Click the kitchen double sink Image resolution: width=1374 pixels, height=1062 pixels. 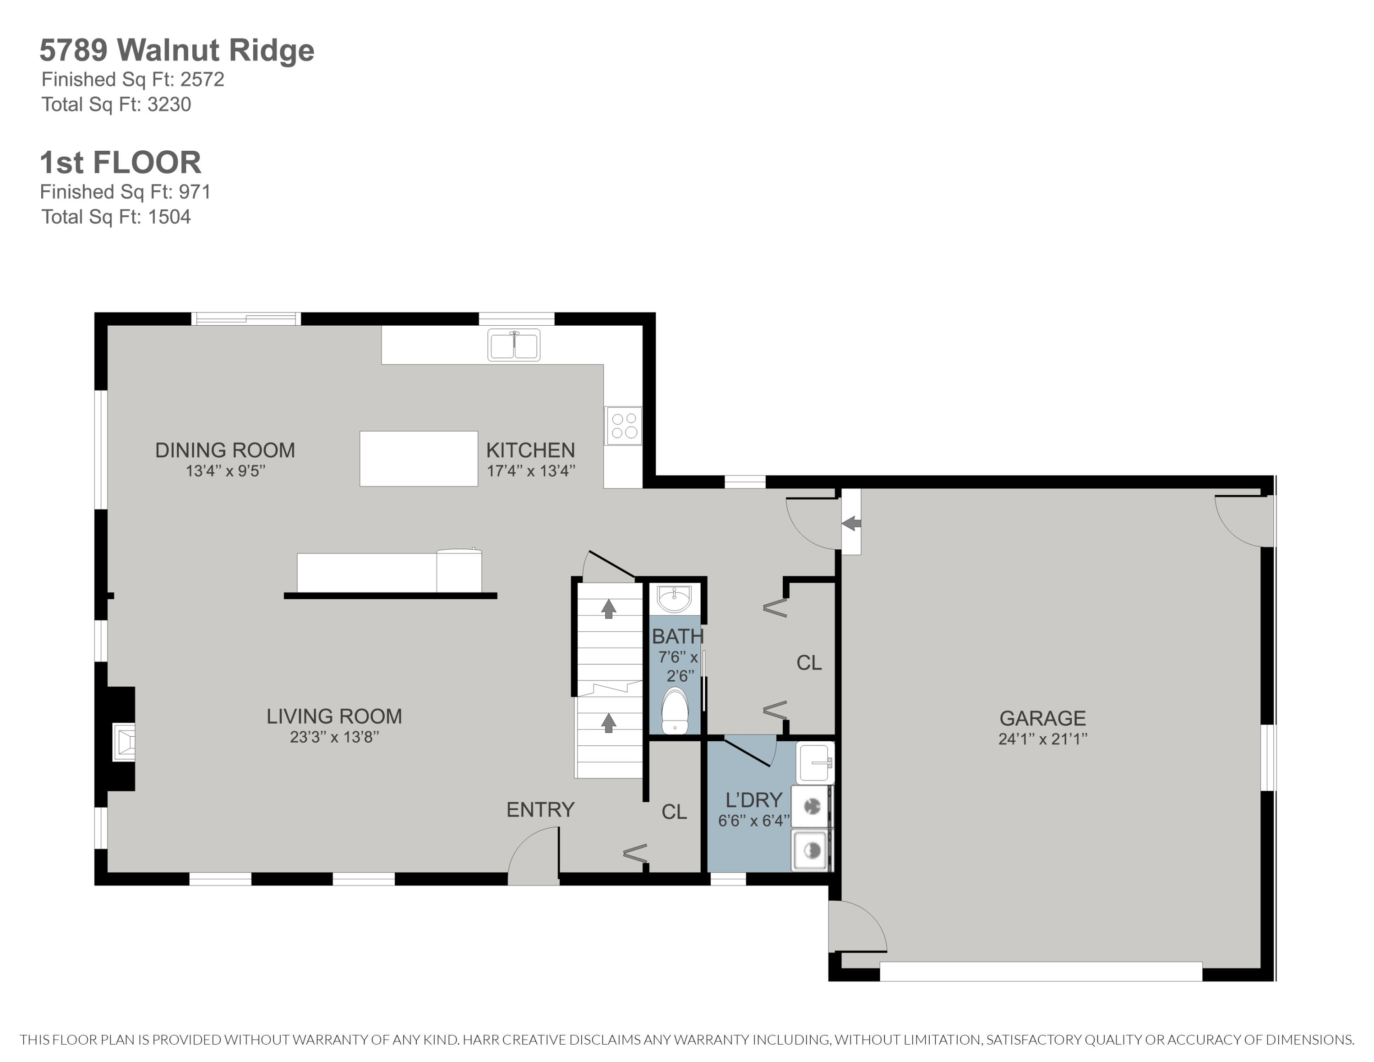[514, 345]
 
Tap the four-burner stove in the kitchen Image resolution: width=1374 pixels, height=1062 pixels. [623, 426]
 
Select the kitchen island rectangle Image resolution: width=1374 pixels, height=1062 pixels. [418, 459]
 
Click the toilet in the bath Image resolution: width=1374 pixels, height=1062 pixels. [675, 712]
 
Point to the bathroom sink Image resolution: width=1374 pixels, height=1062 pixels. [674, 598]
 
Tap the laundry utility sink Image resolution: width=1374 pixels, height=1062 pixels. [815, 762]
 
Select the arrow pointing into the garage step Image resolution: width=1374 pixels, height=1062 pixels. [851, 523]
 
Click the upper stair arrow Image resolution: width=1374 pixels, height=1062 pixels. [608, 608]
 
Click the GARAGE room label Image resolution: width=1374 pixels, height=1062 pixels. [1042, 718]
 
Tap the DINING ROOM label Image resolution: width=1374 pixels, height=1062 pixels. [224, 450]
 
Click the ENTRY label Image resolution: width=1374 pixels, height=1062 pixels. [540, 810]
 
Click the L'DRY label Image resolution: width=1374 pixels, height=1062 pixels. [754, 800]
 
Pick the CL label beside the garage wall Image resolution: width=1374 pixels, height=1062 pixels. [809, 662]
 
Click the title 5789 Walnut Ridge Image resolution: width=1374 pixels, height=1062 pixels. [177, 50]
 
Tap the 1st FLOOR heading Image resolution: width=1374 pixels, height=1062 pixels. [120, 162]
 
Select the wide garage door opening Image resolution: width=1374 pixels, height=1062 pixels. [1041, 971]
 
